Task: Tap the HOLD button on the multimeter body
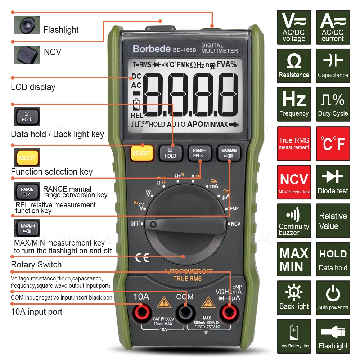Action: [170, 153]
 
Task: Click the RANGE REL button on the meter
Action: [199, 153]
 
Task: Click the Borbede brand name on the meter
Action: [152, 49]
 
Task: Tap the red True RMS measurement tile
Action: [294, 143]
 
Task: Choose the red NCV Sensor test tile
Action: [294, 182]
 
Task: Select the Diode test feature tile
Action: [333, 182]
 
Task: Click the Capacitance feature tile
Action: [333, 66]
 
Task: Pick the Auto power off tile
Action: [333, 298]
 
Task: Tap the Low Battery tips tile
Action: [294, 336]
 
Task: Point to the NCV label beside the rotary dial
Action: [235, 224]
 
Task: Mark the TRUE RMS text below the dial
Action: [188, 279]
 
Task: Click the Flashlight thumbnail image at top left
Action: [27, 25]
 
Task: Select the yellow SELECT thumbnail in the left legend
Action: [27, 158]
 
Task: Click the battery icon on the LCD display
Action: [136, 105]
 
